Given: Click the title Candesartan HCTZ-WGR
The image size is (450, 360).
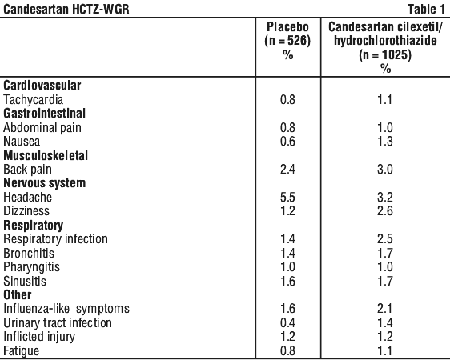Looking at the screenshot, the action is [x=66, y=9].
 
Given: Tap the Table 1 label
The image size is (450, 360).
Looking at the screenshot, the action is [x=426, y=9].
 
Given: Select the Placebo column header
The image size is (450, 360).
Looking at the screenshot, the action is [x=287, y=27].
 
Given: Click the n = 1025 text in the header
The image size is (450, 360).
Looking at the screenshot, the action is [x=385, y=54].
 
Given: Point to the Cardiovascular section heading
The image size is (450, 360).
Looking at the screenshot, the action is [x=42, y=85].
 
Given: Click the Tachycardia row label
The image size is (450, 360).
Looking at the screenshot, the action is [x=34, y=100].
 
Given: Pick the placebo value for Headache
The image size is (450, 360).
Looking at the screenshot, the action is [x=287, y=197].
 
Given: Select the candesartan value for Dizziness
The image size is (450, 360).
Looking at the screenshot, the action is [x=385, y=211].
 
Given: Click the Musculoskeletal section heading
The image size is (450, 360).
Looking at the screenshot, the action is [x=46, y=155].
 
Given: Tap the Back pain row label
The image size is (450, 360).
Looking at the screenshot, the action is [x=27, y=169].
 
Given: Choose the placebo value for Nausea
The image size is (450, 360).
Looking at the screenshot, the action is [x=287, y=142].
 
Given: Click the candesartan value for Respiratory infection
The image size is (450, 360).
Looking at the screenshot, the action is [x=385, y=239].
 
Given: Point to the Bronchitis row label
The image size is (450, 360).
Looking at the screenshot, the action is [x=29, y=253].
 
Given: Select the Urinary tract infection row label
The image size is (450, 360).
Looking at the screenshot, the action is [x=58, y=322].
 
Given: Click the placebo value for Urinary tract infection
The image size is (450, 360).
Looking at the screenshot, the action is [x=287, y=322].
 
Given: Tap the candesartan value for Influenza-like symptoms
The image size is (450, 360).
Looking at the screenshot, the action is [x=385, y=309].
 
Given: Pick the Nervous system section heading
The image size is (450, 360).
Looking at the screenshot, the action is [x=45, y=183].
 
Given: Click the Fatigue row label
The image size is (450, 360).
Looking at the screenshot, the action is [x=22, y=351].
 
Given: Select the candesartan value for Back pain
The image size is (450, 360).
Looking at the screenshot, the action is [x=385, y=169].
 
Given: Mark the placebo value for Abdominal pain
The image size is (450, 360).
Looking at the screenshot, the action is [x=287, y=127].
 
